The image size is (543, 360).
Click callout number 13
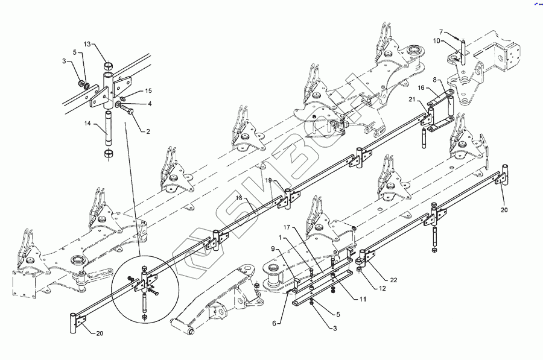pos(87,45)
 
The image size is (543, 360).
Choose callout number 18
pos(240,198)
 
